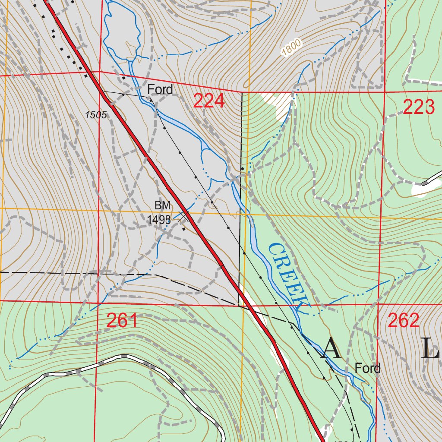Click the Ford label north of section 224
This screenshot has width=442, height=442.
(160, 90)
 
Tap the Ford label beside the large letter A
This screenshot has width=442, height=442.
(368, 368)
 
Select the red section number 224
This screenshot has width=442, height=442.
(209, 101)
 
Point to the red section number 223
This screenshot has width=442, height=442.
(418, 107)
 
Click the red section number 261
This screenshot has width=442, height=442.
(122, 321)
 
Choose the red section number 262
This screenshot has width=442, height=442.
(404, 320)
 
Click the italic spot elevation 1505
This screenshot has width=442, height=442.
(96, 115)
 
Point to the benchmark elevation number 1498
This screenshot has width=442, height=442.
(159, 220)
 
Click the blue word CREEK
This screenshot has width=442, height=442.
(287, 276)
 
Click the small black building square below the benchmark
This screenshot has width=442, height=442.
(184, 229)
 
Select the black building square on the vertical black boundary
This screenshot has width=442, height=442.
(242, 169)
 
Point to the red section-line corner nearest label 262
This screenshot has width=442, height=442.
(378, 304)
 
